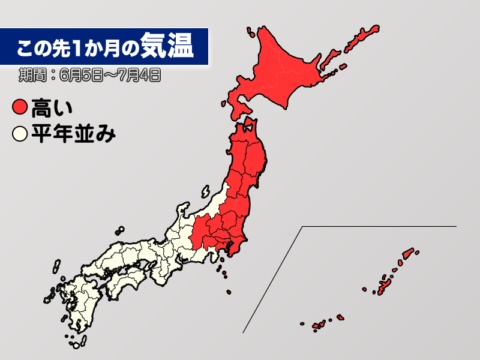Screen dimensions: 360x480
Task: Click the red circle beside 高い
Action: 20,108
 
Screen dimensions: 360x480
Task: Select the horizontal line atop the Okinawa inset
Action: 378,226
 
